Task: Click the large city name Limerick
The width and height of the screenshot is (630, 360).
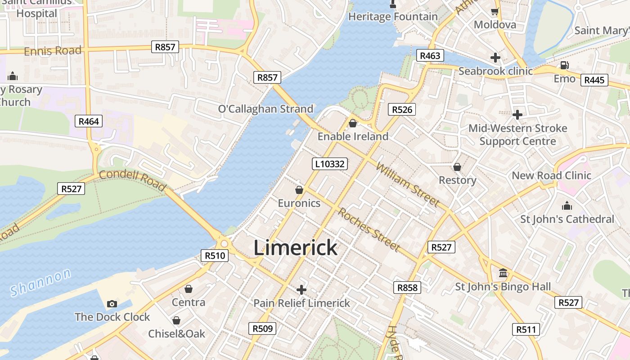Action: click(x=295, y=247)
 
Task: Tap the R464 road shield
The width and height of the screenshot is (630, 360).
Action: click(x=88, y=121)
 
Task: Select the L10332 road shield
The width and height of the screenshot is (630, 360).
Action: click(x=330, y=164)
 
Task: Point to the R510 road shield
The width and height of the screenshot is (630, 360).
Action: click(x=215, y=256)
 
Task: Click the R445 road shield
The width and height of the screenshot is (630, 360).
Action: click(x=594, y=80)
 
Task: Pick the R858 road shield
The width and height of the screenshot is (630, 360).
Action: click(x=407, y=288)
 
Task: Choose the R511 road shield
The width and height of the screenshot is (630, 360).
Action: click(x=526, y=329)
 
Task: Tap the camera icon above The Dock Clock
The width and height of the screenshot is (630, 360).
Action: click(x=112, y=304)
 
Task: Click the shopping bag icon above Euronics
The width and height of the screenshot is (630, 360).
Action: click(x=299, y=190)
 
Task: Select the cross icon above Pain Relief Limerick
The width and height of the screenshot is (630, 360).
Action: click(x=301, y=289)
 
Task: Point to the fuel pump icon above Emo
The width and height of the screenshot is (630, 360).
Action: click(x=565, y=66)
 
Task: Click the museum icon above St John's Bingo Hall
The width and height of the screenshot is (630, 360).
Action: click(x=503, y=273)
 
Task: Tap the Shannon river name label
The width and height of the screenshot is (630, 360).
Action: click(x=40, y=283)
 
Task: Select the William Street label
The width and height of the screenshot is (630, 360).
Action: click(x=407, y=184)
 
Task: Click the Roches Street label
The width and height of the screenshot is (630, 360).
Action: click(x=369, y=229)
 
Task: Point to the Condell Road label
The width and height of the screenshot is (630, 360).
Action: click(x=132, y=180)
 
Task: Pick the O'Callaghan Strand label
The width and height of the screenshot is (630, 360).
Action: click(x=265, y=109)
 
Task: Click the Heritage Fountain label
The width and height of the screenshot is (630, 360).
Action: click(x=393, y=17)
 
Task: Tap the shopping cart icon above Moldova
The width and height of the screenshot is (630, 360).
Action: click(x=495, y=12)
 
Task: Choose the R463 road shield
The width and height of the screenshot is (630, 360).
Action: click(x=430, y=55)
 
